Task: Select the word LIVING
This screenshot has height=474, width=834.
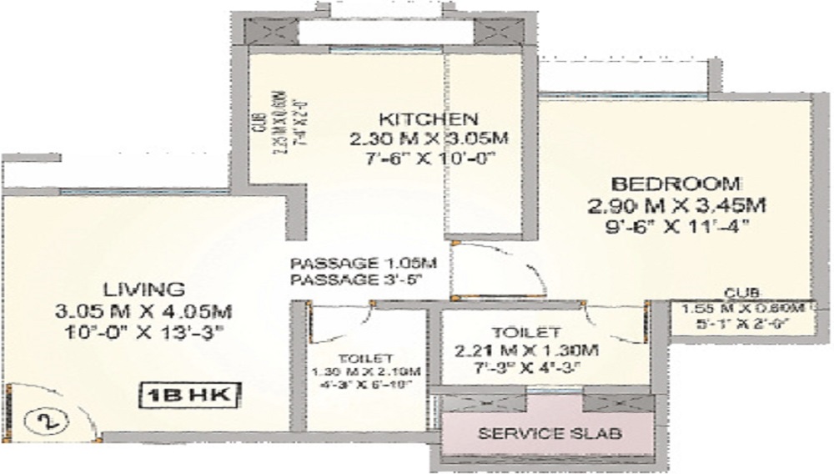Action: (143, 290)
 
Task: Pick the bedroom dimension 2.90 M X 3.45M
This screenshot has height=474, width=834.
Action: (676, 204)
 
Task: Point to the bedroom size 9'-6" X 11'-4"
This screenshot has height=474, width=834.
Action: (676, 225)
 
